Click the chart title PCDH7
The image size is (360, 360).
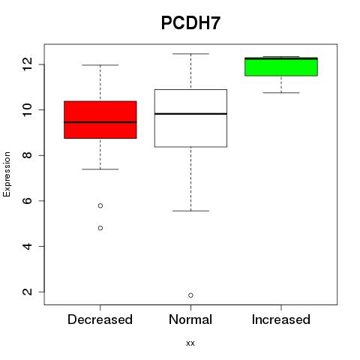tap(190, 23)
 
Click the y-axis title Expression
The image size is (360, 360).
tap(7, 174)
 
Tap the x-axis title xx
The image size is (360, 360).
tap(190, 343)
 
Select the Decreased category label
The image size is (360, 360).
tap(100, 319)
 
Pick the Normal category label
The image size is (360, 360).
tap(190, 319)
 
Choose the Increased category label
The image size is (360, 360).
tap(281, 319)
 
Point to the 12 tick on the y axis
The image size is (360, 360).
tap(27, 64)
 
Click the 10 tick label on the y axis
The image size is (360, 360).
tap(27, 109)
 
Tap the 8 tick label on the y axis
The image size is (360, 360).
tap(27, 155)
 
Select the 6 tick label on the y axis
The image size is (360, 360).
tap(27, 201)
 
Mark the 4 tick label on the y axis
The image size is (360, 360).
tap(27, 246)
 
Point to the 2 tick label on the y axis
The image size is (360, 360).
tap(27, 292)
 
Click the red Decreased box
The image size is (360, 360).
tap(100, 120)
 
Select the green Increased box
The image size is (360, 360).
tap(281, 67)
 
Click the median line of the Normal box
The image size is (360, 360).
tap(190, 114)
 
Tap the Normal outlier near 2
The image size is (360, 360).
tap(190, 295)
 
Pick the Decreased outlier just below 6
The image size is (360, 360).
tap(100, 205)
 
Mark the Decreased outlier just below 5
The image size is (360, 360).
tap(100, 228)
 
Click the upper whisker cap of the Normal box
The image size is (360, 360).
tap(190, 54)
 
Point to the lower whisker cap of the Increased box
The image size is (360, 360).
tap(281, 93)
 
